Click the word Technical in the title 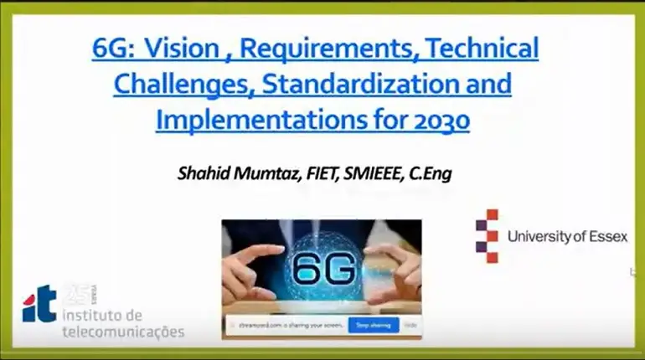pos(482,50)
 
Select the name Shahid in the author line pos(204,173)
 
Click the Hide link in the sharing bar pos(410,324)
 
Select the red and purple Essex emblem pos(487,236)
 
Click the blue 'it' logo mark pos(39,304)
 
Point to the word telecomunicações pos(123,332)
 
